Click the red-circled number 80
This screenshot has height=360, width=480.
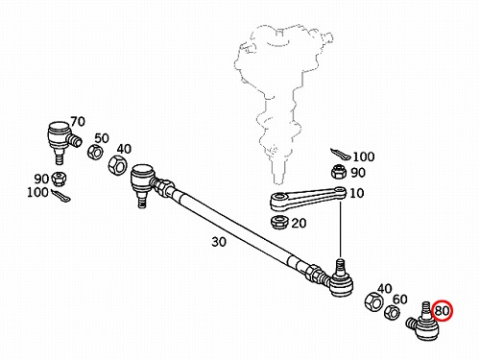(x=442, y=310)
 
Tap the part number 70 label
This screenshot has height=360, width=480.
(x=78, y=122)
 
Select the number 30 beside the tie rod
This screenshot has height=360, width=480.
(x=219, y=242)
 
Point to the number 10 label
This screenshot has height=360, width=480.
(x=357, y=193)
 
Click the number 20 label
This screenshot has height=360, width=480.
(x=299, y=223)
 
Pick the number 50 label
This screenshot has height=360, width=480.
(x=102, y=138)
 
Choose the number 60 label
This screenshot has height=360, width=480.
(x=400, y=300)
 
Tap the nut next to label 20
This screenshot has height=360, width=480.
(x=279, y=223)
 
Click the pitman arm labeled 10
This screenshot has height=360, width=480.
(x=308, y=200)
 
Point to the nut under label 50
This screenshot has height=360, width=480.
(x=95, y=152)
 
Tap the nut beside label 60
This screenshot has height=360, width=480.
(x=392, y=312)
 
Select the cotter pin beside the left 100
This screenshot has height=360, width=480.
(x=60, y=196)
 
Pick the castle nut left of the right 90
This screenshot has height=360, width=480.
(x=339, y=172)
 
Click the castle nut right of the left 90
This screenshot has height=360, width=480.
(x=59, y=179)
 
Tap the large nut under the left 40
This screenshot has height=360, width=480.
(x=117, y=165)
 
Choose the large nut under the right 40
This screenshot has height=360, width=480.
(x=374, y=300)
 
